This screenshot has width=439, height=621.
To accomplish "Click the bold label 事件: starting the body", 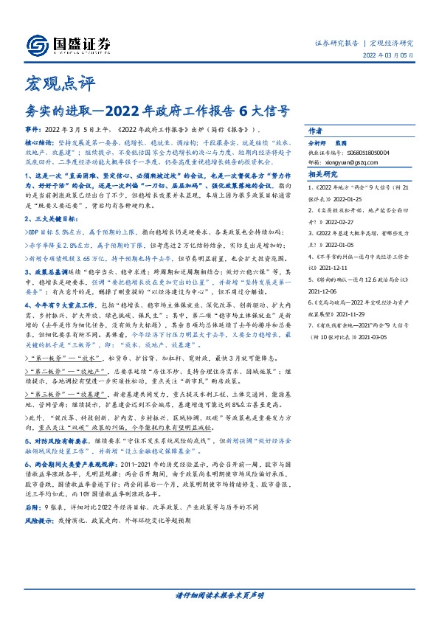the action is (x=34, y=128).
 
